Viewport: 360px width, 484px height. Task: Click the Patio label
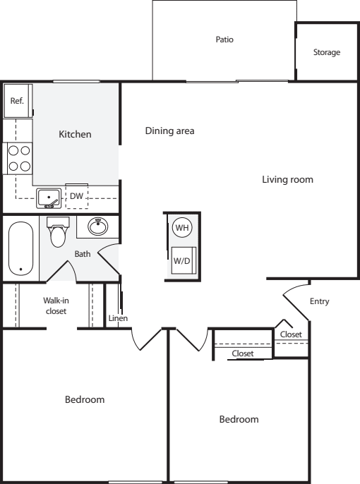(x=224, y=40)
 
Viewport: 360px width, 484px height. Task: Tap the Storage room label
(x=327, y=52)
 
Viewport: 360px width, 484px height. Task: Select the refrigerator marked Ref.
(x=17, y=101)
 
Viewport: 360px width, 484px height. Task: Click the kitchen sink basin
(x=49, y=198)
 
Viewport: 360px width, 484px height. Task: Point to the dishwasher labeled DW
(x=76, y=196)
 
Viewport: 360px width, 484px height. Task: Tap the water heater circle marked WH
(x=182, y=228)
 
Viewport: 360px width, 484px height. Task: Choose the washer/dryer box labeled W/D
(x=184, y=260)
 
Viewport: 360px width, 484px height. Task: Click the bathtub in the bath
(x=20, y=248)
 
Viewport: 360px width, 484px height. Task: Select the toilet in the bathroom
(x=58, y=232)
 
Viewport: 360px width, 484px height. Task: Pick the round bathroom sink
(x=98, y=226)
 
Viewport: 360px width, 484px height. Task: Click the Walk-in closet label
(x=56, y=305)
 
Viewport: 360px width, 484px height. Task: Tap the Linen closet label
(x=118, y=318)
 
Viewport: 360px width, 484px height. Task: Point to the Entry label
(x=320, y=301)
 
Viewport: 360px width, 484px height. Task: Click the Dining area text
(x=170, y=131)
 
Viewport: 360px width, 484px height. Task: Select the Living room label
(x=288, y=179)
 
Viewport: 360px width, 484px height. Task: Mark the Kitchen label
(x=75, y=134)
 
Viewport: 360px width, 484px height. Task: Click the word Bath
(x=83, y=254)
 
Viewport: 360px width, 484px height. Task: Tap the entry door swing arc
(x=294, y=286)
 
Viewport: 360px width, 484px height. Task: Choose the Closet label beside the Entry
(x=291, y=334)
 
